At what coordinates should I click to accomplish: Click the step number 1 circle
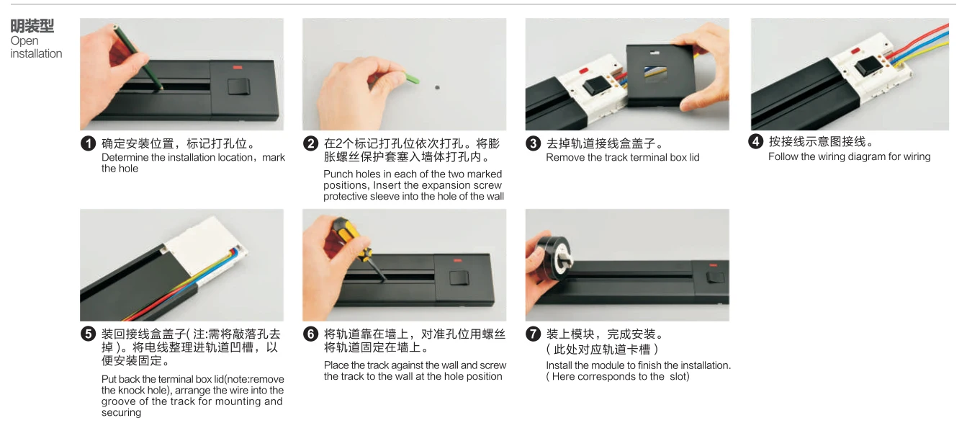coord(88,143)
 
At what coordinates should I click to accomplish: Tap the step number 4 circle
coord(755,141)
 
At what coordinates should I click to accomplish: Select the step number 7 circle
coord(533,334)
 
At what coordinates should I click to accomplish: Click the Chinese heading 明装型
coord(32,26)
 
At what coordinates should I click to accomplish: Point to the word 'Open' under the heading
coord(24,41)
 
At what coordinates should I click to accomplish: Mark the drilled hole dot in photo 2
coord(437,87)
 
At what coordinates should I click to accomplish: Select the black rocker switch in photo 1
coord(239,86)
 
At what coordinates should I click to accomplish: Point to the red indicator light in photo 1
coord(238,68)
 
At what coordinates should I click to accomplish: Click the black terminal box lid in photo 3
coord(661,76)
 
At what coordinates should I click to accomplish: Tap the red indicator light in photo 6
coord(457,260)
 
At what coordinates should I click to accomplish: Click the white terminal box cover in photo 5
coord(203,244)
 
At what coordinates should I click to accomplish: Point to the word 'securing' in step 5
coord(121,413)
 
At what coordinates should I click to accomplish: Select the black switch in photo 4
coord(867,67)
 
